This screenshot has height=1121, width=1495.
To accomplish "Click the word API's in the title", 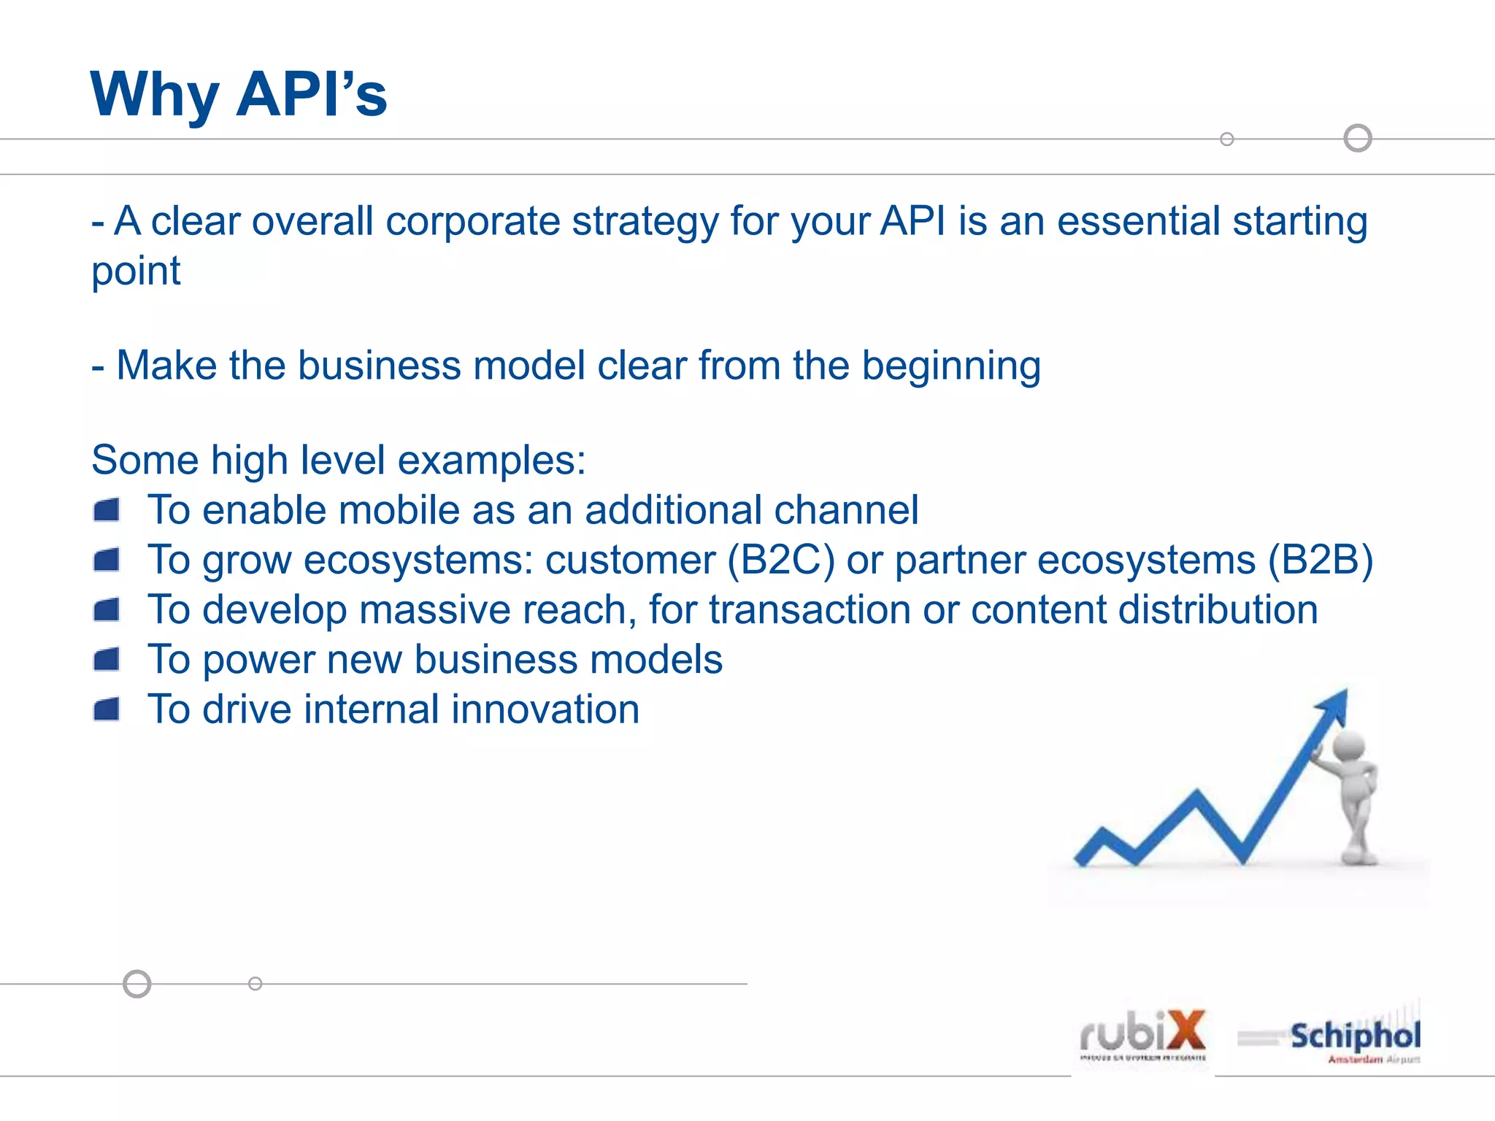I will (312, 95).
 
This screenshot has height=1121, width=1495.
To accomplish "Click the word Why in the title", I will (155, 95).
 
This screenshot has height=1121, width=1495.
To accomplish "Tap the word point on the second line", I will (136, 271).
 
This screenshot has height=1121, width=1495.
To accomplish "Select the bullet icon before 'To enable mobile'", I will (107, 510).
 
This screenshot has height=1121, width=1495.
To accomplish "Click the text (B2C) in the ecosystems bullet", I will (781, 560).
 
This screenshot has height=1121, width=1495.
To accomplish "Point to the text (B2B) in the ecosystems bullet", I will (1320, 560).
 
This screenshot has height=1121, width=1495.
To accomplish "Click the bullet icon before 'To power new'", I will (107, 660).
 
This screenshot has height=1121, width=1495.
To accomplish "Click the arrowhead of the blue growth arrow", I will (1334, 705).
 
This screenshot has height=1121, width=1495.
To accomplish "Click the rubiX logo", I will (1143, 1035).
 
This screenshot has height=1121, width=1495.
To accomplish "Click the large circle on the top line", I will (1358, 138).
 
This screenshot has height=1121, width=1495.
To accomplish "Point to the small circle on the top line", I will (1227, 139).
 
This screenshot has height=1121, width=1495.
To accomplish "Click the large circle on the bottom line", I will (137, 984).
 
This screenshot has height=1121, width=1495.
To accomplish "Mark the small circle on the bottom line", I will (255, 984).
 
